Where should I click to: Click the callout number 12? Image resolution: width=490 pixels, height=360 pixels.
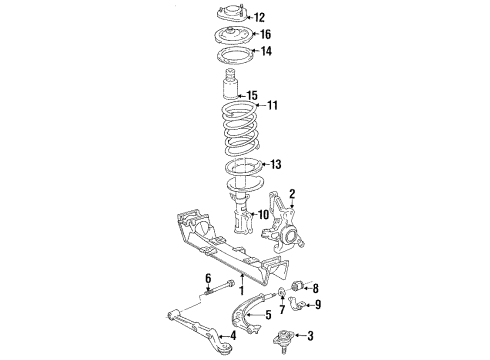click(x=260, y=17)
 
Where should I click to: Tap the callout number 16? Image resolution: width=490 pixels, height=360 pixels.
click(x=265, y=35)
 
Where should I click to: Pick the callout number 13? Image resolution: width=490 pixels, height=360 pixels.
click(x=276, y=165)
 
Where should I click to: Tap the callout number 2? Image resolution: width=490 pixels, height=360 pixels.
click(x=292, y=194)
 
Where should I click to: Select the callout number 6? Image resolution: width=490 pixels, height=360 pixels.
click(x=209, y=278)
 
